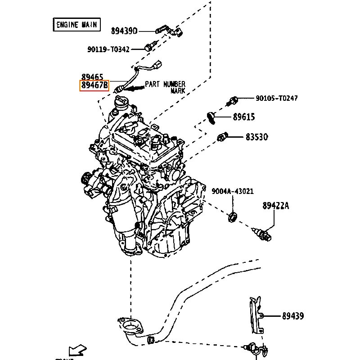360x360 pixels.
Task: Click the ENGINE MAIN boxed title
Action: click(x=76, y=25)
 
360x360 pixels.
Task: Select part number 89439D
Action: click(x=124, y=31)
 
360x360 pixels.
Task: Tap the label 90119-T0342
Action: click(x=108, y=49)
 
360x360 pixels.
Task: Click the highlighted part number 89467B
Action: click(x=94, y=85)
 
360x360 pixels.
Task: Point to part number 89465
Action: click(x=92, y=77)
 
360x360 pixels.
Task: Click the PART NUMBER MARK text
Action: click(x=165, y=87)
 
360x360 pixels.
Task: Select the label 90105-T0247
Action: click(x=277, y=98)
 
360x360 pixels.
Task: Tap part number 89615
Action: click(x=244, y=117)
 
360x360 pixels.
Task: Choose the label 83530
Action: click(x=256, y=137)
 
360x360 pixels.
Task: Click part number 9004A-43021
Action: click(x=233, y=191)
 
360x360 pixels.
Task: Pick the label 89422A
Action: click(x=276, y=206)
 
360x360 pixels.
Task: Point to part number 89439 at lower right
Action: click(x=293, y=316)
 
